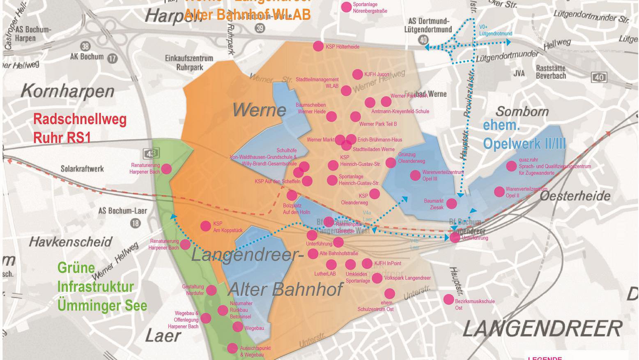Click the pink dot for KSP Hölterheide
tap(318, 46)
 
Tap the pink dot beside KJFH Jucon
tap(358, 74)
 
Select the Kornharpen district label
tap(67, 91)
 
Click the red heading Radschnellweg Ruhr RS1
tap(80, 128)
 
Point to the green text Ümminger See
tap(102, 306)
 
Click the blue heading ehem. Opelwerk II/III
tap(524, 134)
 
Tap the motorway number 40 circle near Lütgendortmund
tap(423, 40)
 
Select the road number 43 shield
tap(151, 154)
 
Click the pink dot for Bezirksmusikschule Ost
tap(448, 299)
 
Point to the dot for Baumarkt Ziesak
tap(451, 203)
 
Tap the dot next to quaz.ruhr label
tap(511, 166)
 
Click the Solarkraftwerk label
tap(82, 169)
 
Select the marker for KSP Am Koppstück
tap(205, 226)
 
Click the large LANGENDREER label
tap(542, 329)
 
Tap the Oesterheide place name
tap(575, 196)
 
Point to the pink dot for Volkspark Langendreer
tap(377, 278)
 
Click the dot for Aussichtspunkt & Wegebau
tap(232, 348)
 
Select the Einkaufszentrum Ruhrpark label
tap(189, 62)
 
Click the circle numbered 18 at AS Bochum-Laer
tap(135, 223)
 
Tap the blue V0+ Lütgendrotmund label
tap(495, 30)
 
